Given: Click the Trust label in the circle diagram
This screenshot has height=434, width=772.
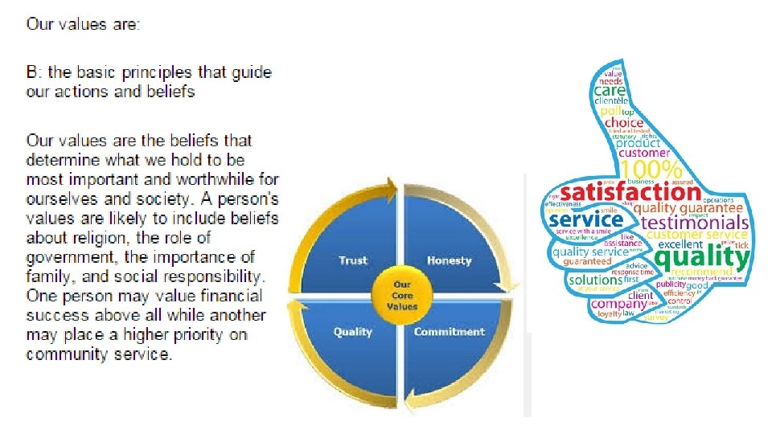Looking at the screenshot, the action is [353, 260].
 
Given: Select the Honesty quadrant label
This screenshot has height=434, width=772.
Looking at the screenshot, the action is [450, 260].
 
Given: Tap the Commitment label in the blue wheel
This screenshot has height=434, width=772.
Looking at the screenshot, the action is [449, 331].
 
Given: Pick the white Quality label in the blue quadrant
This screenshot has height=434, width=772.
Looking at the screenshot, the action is [353, 331].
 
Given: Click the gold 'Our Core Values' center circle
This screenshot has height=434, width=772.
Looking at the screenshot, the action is [402, 296].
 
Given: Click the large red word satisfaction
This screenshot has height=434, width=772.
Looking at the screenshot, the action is [630, 193].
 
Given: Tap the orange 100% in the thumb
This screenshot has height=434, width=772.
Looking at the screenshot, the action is [651, 170].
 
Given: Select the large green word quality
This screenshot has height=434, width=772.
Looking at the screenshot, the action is [702, 257].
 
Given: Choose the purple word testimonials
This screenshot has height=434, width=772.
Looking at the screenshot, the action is [696, 221].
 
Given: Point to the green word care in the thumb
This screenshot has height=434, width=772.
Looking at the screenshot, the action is [610, 92].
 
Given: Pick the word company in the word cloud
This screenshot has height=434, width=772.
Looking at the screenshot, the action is [618, 304].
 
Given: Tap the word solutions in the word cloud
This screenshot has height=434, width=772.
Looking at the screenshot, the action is [595, 280].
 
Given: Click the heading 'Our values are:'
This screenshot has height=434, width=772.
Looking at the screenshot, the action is [83, 24].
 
